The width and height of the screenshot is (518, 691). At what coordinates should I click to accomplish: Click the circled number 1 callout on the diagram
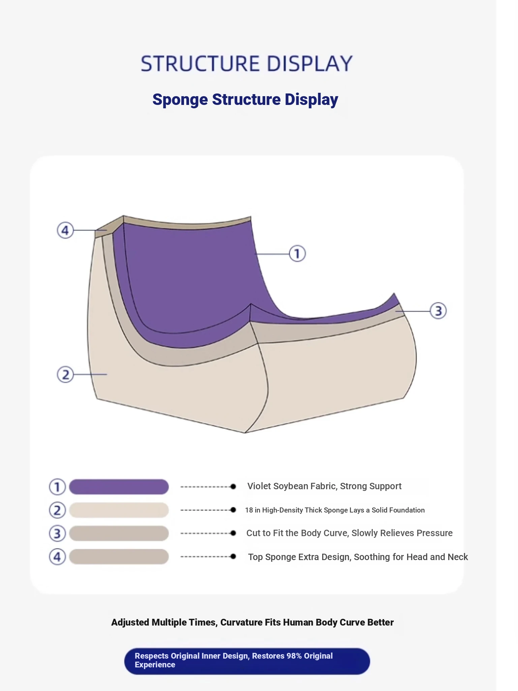297,254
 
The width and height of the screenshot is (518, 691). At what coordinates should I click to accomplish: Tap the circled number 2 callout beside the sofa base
65,375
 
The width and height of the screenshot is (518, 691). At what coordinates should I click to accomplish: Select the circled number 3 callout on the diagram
438,311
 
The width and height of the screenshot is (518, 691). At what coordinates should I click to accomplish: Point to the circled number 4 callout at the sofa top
65,230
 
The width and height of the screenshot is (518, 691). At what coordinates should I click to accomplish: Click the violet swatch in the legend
119,487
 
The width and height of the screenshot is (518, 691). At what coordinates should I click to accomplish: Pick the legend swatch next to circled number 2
119,510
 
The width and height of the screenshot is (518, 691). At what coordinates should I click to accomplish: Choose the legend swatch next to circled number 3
119,533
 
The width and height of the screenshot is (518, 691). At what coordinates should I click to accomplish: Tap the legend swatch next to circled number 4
119,557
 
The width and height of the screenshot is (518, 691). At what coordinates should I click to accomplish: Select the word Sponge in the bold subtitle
180,100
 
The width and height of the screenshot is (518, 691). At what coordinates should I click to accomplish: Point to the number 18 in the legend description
249,510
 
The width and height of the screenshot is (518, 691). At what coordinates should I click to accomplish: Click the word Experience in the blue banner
155,665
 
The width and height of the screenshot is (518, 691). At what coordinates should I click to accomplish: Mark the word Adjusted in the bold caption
130,623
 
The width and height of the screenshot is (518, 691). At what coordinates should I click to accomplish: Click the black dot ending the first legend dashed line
233,487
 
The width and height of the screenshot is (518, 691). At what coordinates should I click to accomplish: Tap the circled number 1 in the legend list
57,487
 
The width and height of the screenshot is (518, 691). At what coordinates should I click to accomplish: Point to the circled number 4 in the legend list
57,557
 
